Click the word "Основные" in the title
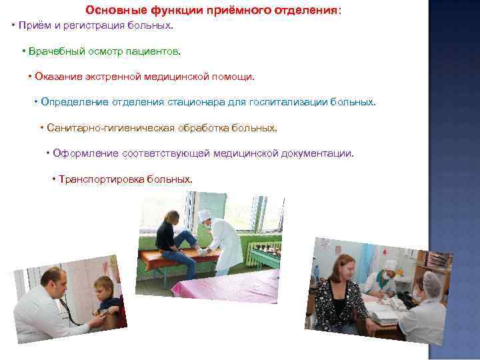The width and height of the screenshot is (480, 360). [x=111, y=11]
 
